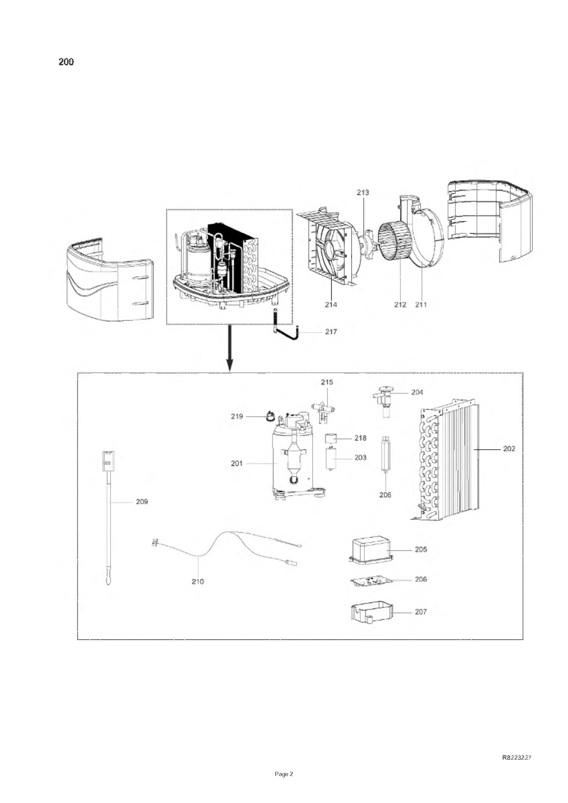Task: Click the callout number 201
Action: tap(237, 463)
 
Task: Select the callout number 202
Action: tap(509, 448)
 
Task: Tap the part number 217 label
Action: tap(331, 332)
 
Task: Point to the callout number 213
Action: tap(363, 192)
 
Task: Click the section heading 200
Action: tap(66, 62)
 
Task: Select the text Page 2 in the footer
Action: tap(284, 774)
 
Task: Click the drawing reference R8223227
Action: tap(517, 757)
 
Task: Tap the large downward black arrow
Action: tap(230, 348)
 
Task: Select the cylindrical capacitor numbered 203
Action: tap(331, 458)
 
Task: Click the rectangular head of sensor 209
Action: tap(108, 461)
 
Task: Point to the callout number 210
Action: tap(198, 582)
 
